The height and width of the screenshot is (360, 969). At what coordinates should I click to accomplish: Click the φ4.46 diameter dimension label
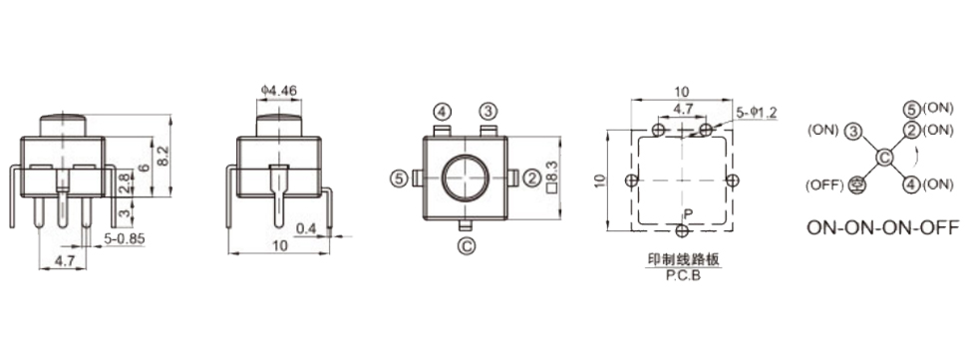279,91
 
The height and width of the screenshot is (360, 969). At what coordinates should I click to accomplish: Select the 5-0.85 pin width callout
125,238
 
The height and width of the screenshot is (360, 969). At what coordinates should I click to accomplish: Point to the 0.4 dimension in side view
306,229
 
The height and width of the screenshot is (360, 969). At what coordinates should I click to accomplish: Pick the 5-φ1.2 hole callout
757,113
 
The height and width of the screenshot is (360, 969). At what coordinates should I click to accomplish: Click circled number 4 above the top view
442,112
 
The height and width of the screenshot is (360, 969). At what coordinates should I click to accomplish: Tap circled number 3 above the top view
488,112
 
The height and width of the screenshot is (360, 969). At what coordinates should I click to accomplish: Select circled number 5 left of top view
399,179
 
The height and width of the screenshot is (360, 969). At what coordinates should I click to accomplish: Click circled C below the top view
466,246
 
